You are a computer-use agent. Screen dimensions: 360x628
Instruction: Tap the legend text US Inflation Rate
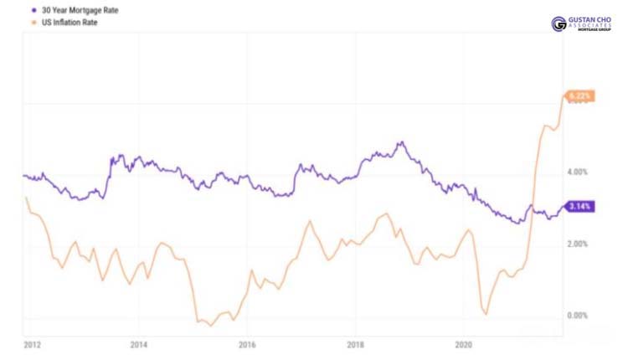[x=68, y=22]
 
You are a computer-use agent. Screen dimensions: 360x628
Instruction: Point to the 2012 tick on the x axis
[x=32, y=343]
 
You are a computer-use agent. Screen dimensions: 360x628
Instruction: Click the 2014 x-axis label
[x=139, y=343]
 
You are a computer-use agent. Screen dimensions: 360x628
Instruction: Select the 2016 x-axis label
[x=247, y=343]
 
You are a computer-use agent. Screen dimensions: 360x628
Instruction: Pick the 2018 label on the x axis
[x=355, y=343]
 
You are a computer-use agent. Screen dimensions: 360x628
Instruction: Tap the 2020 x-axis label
[x=463, y=343]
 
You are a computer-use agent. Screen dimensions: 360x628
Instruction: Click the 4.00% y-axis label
[x=579, y=172]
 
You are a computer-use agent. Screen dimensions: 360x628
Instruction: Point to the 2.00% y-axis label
[x=579, y=244]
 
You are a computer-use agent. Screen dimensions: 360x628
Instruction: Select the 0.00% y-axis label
[x=579, y=316]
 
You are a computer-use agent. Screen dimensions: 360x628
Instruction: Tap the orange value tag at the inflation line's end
[x=580, y=96]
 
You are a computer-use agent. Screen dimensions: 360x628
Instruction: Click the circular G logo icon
[x=559, y=23]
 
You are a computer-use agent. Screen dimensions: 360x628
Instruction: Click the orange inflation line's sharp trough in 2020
[x=486, y=315]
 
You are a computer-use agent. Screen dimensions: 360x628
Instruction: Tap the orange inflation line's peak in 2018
[x=385, y=213]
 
